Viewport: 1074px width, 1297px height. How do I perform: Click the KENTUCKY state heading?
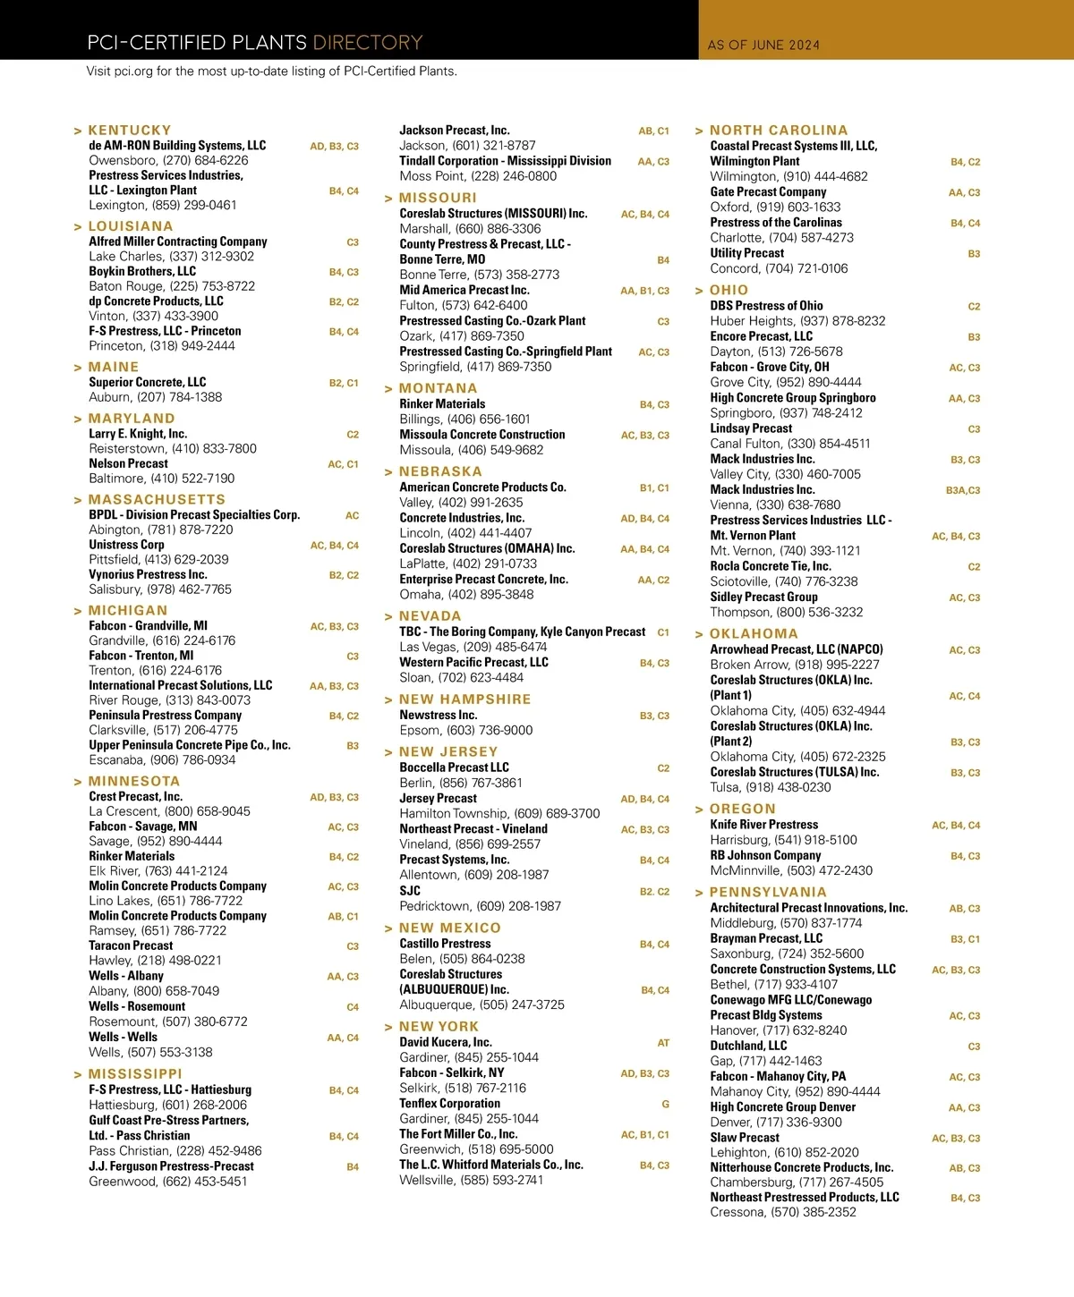129,131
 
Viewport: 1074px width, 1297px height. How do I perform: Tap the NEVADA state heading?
430,616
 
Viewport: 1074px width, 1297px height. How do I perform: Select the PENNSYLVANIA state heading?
768,893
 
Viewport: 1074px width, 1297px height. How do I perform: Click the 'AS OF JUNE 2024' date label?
763,45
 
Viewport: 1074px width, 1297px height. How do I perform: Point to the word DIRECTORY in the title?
367,43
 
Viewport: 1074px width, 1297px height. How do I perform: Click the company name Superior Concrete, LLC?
147,382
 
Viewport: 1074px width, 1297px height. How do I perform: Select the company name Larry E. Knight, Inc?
138,434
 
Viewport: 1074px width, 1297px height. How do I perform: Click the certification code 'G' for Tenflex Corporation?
665,1105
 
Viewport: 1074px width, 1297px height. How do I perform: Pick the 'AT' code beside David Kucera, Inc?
663,1043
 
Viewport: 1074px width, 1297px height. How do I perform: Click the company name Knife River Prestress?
763,825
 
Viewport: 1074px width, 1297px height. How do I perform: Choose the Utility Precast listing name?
746,253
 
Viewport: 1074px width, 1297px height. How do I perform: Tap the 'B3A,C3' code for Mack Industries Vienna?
963,490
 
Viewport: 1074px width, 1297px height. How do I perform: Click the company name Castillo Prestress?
445,944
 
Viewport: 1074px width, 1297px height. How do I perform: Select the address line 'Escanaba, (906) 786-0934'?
162,760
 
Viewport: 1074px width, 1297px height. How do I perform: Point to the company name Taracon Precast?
131,945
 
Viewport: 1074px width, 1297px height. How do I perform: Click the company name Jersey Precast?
438,798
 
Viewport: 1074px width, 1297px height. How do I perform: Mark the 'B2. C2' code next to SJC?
654,892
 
